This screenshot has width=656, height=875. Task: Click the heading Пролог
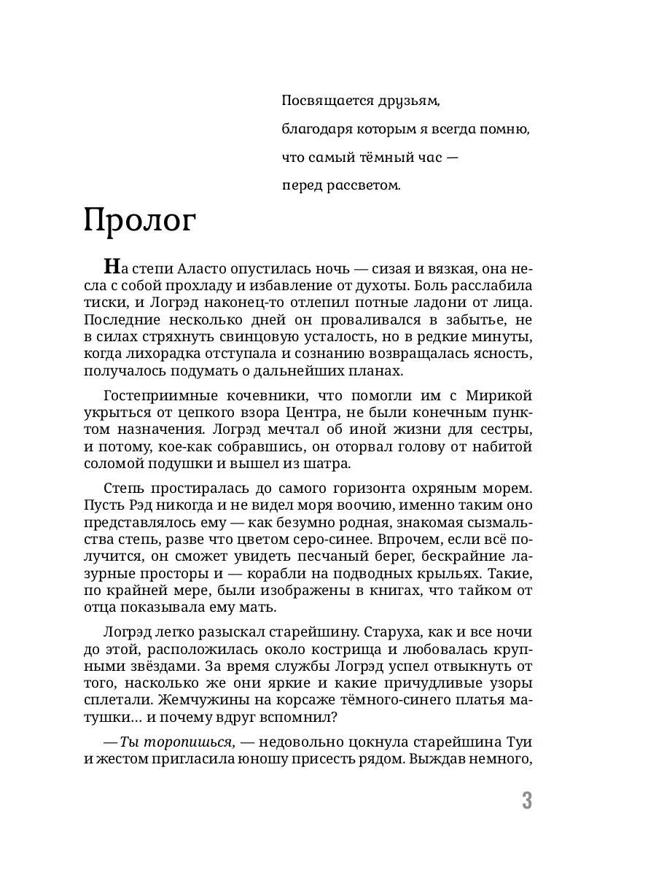click(140, 221)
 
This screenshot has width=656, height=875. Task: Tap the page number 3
click(527, 801)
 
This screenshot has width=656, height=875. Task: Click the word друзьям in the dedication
click(407, 102)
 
